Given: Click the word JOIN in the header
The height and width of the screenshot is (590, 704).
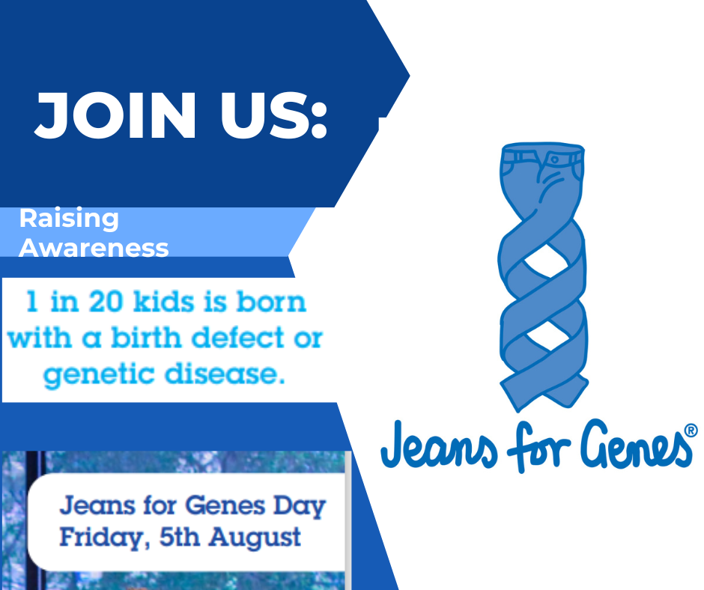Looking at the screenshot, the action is pos(115,115).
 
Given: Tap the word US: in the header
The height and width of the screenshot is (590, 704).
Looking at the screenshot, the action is pos(273,115).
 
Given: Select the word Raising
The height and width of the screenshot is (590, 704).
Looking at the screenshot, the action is pos(69,219).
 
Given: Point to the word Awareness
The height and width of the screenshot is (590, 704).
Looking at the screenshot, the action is pos(94,247).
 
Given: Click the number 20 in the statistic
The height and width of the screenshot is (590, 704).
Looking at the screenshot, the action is pos(106,301).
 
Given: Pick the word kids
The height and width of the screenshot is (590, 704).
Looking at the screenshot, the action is pos(164,301).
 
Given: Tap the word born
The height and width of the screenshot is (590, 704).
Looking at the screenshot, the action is pos(271,301).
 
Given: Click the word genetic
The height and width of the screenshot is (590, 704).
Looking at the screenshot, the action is pos(99,374).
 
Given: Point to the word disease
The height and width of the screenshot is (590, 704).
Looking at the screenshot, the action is pos(225,374).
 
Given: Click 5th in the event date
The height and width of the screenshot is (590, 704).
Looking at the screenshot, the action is pos(179,537).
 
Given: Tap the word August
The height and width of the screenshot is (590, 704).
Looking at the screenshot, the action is pos(255,538).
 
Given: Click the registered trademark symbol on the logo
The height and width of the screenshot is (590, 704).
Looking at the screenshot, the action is pos(691,431).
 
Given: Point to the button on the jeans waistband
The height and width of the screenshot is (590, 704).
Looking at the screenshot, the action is pos(554,159).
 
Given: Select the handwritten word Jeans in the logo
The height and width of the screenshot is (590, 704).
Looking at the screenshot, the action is pos(439,445).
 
